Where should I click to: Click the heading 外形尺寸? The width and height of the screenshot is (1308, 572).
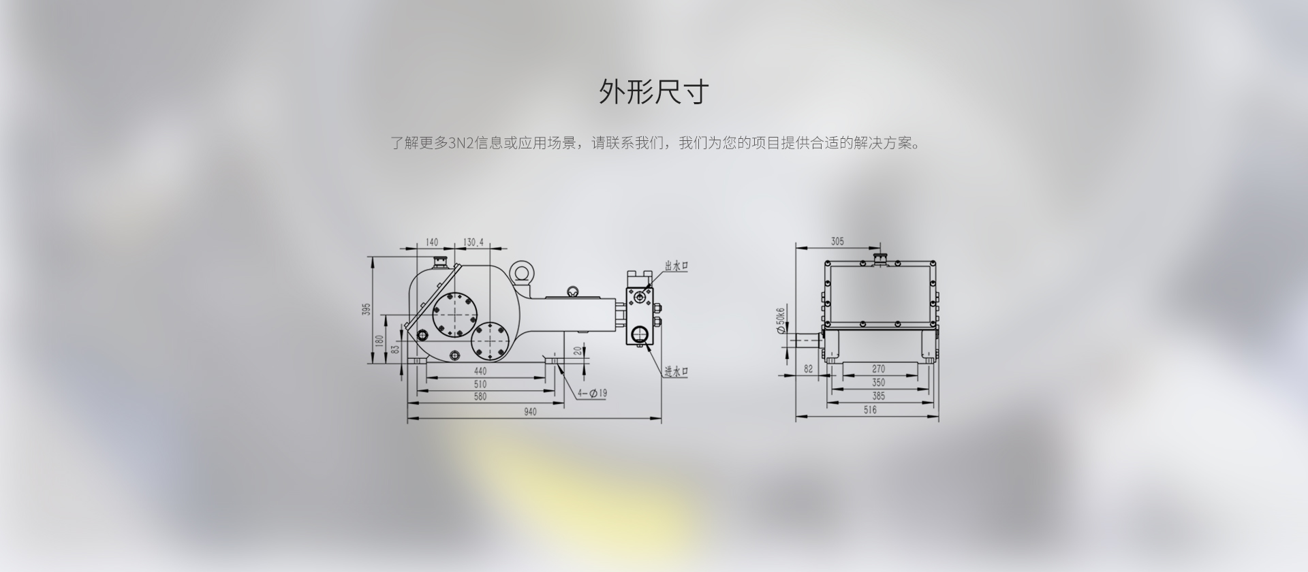[x=654, y=92]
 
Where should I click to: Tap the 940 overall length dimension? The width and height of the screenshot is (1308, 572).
[x=530, y=411]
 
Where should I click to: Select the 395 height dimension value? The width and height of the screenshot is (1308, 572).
[x=366, y=310]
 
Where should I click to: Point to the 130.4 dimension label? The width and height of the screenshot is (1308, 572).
[x=473, y=242]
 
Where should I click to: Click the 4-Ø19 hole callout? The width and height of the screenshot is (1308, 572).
[x=592, y=393]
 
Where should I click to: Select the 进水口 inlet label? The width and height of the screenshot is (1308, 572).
[x=676, y=371]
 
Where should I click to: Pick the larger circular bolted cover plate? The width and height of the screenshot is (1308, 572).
[x=452, y=315]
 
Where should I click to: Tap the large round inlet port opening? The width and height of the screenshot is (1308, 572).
[x=640, y=334]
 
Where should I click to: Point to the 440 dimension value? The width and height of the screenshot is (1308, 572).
[x=480, y=371]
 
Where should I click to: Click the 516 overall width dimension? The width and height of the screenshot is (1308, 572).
[x=870, y=410]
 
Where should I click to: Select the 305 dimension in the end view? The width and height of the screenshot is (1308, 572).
[x=837, y=241]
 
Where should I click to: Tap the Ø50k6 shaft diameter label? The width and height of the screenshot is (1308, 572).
[x=781, y=320]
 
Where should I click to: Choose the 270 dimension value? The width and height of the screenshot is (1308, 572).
[x=879, y=369]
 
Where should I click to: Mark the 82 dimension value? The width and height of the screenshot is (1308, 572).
[x=809, y=369]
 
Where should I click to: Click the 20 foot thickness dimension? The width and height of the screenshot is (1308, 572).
[x=578, y=350]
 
